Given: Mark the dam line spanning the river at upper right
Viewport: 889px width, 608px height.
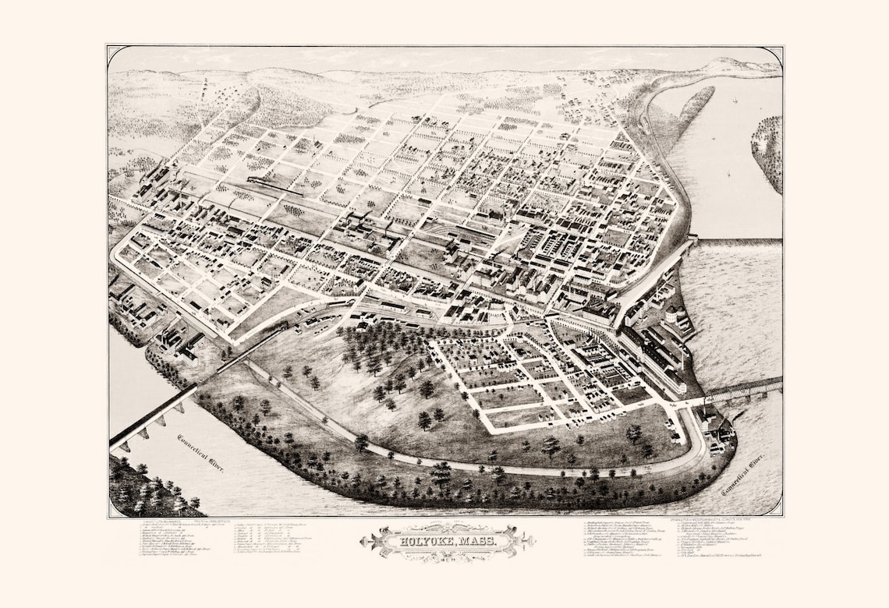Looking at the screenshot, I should (737, 242).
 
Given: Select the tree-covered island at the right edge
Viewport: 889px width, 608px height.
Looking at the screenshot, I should (768, 152).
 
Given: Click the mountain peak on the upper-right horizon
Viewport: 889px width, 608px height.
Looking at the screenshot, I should (729, 63).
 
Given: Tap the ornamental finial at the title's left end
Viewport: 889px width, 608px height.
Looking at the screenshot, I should (365, 540).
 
